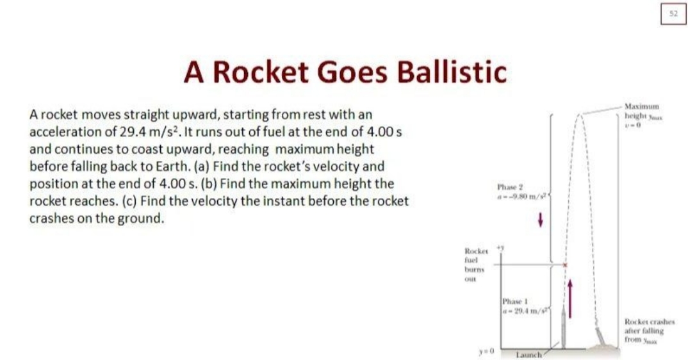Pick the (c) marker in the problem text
click(x=130, y=200)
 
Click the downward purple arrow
click(x=540, y=220)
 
